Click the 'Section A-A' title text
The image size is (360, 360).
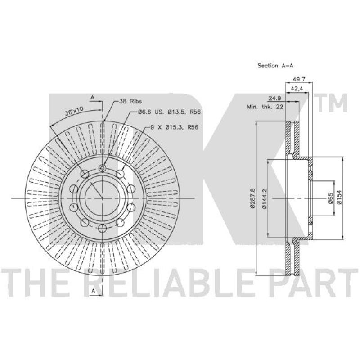point(275,66)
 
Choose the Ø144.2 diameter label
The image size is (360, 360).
point(265,198)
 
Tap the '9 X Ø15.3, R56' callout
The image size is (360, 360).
point(174,127)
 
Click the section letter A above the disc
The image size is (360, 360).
point(92,97)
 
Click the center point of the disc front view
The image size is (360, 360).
point(102,198)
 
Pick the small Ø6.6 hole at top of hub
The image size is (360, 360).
point(102,169)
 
